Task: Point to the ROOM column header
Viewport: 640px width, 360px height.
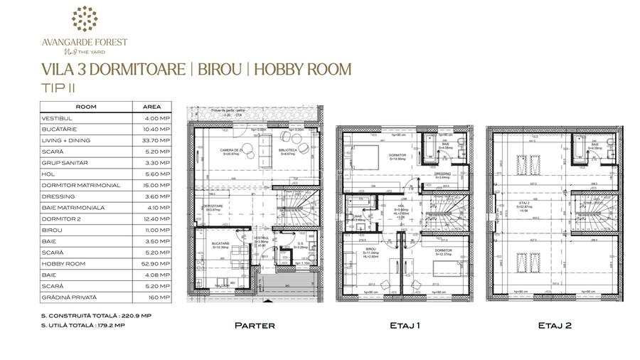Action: (86, 107)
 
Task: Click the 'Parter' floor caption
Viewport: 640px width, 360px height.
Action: (255, 325)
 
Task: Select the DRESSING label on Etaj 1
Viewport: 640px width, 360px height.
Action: (442, 174)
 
